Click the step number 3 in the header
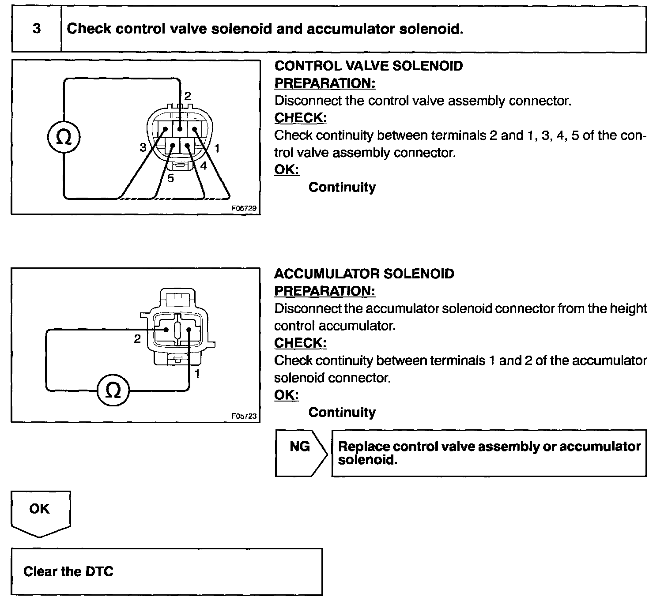[37, 29]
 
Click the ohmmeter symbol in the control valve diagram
[64, 137]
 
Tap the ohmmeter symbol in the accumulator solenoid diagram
[113, 390]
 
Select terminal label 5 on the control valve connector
[170, 178]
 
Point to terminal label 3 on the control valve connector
[143, 148]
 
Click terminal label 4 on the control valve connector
[204, 166]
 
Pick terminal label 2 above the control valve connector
[188, 96]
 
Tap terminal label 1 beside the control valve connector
[217, 148]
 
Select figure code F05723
[244, 416]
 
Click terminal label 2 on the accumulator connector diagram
[137, 339]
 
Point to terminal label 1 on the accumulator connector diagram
[197, 374]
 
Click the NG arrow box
[300, 452]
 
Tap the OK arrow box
[40, 512]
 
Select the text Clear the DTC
[68, 572]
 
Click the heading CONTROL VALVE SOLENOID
[369, 66]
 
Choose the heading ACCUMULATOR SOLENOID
[364, 274]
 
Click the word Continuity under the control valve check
[342, 188]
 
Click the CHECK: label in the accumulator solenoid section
[300, 343]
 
